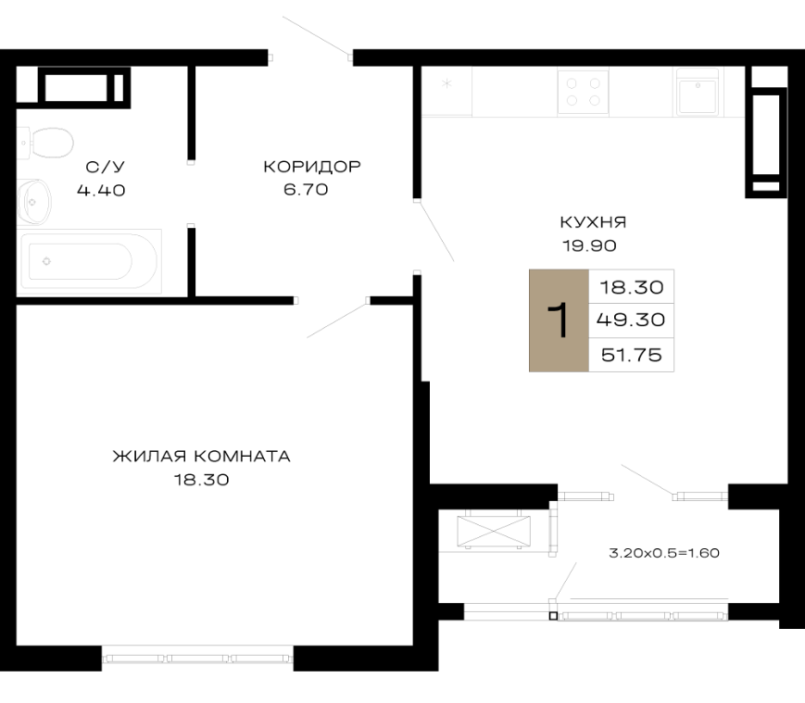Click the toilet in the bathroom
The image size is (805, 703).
[46, 142]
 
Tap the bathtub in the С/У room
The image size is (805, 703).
[89, 262]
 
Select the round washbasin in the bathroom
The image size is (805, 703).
[34, 202]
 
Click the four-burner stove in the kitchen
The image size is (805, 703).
[584, 92]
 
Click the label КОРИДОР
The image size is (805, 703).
[312, 167]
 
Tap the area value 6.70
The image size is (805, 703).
[306, 190]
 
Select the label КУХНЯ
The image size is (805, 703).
[593, 222]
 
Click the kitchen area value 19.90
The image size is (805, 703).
[589, 245]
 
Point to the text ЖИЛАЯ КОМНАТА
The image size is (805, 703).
[202, 457]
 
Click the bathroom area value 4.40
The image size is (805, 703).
[101, 191]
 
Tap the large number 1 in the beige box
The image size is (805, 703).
[559, 320]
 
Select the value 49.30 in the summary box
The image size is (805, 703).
[631, 320]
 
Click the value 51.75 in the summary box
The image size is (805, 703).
[632, 355]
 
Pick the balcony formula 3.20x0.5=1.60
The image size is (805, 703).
[664, 553]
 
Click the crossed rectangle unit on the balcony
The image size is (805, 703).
[494, 531]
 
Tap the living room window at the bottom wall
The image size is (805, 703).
[197, 659]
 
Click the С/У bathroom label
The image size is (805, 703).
[106, 167]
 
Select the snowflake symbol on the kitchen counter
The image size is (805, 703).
[447, 83]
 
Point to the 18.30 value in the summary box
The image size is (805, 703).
[632, 287]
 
